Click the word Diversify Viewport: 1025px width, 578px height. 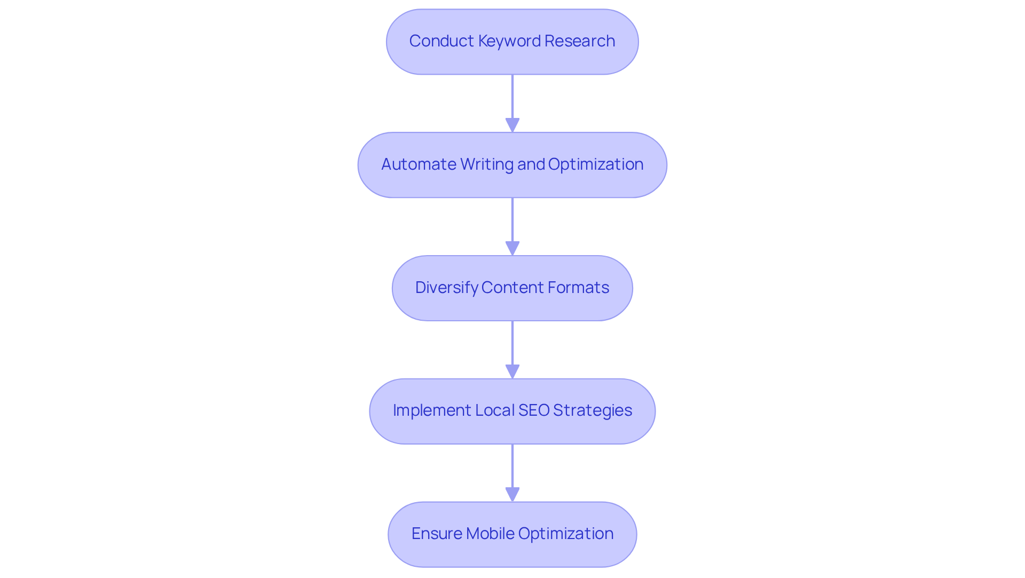446,288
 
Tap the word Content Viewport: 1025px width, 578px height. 511,288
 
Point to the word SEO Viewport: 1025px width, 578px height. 534,410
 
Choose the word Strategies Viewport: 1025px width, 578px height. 593,410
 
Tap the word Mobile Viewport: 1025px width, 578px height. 490,534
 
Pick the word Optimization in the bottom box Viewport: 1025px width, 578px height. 565,534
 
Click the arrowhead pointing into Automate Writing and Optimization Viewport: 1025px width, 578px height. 512,125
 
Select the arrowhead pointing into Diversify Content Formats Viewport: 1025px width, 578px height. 512,248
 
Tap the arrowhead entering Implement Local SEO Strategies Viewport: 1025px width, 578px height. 512,371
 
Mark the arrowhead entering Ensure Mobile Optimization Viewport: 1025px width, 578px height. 512,494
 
